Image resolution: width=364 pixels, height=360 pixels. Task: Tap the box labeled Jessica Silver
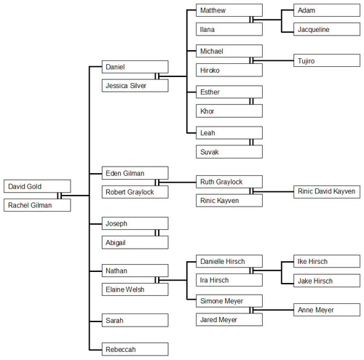coord(135,86)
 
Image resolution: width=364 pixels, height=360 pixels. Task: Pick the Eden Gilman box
coord(135,173)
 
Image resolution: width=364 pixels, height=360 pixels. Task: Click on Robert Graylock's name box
coord(135,192)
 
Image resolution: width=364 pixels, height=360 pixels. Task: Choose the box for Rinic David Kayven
coord(326,191)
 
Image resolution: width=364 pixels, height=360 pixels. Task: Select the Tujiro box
coord(326,60)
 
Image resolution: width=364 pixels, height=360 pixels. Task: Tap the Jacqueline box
coord(326,29)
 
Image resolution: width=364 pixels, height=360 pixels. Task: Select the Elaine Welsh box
coord(135,289)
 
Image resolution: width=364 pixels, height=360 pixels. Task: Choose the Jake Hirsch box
coord(326,280)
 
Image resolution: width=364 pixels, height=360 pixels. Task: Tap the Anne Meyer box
coord(326,310)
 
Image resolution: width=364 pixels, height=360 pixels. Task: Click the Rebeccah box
coord(135,349)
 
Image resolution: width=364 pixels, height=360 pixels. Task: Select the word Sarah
coord(115,319)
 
